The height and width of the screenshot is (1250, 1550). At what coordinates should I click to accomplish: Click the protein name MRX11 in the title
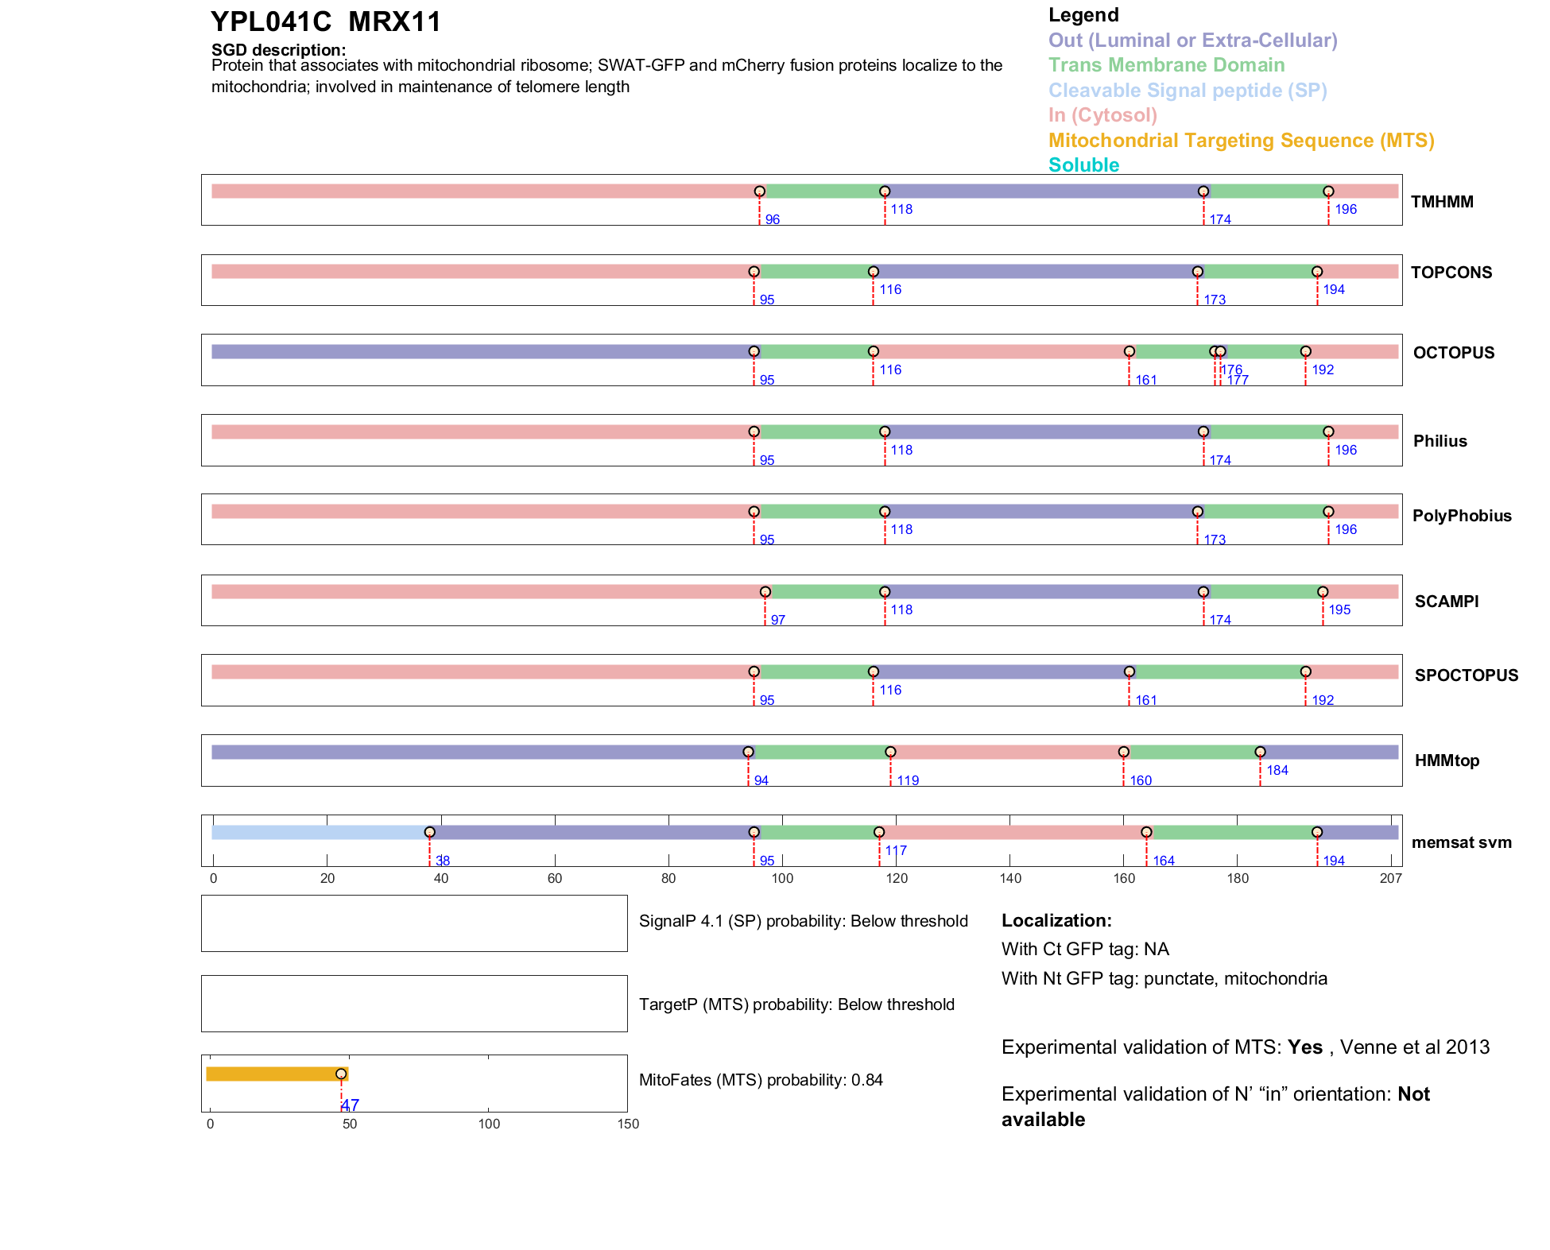[394, 22]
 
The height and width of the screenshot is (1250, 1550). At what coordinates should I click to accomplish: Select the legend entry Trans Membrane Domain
[1166, 65]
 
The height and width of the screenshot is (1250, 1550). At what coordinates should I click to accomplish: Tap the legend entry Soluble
[1083, 165]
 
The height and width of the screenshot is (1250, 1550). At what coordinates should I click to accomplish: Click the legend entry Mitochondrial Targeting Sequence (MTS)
[1241, 141]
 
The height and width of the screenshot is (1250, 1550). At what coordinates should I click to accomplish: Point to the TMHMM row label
[1442, 202]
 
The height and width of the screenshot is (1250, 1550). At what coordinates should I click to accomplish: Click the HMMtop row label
[1447, 760]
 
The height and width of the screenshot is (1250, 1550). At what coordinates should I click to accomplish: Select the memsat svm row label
[1461, 842]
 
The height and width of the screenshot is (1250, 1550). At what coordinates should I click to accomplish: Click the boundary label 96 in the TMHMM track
[772, 219]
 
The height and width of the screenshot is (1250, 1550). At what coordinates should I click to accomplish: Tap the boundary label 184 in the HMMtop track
[1277, 770]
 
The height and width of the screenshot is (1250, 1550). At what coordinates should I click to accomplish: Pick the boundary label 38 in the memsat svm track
[443, 861]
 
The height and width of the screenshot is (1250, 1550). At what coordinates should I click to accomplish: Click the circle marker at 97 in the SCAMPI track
[765, 592]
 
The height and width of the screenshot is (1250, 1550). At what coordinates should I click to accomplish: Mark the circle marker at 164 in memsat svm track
[1146, 832]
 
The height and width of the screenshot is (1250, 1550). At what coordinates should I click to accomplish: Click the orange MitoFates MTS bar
[274, 1074]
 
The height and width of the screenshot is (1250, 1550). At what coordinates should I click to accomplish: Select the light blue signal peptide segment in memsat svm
[318, 832]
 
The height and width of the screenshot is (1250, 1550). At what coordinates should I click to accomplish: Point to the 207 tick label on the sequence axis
[1390, 878]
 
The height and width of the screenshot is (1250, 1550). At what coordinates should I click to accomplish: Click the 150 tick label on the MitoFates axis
[628, 1124]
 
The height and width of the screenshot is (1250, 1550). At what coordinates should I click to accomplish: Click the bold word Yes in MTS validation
[1304, 1047]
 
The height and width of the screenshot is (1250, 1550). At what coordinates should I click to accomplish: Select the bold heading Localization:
[1056, 920]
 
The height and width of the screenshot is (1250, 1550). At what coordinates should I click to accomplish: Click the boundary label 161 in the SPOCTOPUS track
[1145, 700]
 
